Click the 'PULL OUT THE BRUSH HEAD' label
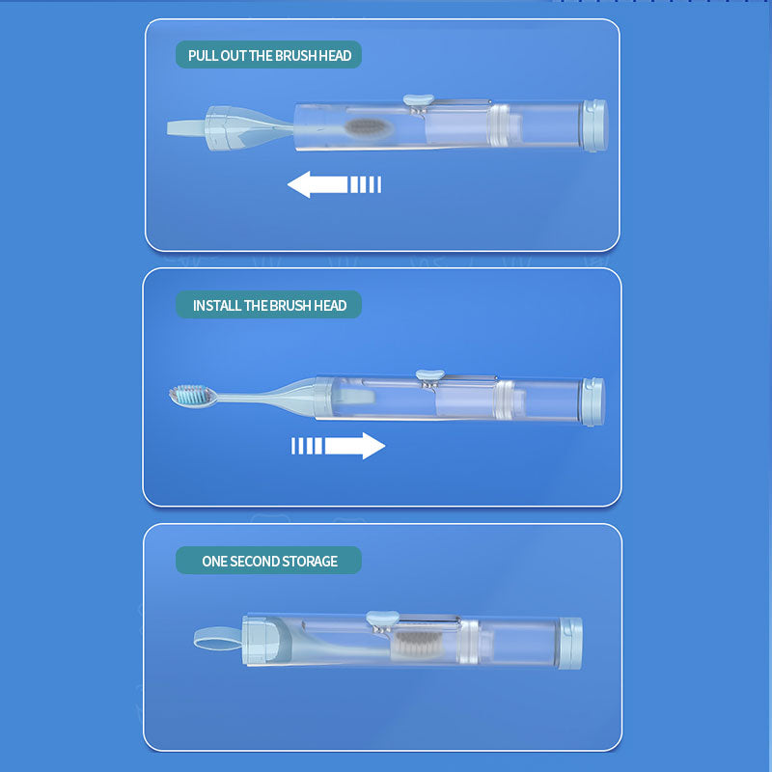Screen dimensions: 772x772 269,55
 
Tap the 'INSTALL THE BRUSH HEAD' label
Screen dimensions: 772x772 269,305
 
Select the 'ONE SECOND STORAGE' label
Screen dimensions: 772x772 269,561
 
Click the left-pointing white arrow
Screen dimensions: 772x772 334,184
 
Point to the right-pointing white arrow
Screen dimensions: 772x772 339,446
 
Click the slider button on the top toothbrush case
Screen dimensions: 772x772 419,100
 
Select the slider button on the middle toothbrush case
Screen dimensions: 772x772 430,375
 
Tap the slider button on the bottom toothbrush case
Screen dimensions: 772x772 382,617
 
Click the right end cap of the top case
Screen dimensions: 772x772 594,125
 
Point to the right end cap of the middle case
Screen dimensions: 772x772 593,401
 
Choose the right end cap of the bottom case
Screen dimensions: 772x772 570,643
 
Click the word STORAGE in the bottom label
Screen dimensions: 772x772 310,561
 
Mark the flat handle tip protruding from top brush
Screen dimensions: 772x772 186,128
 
